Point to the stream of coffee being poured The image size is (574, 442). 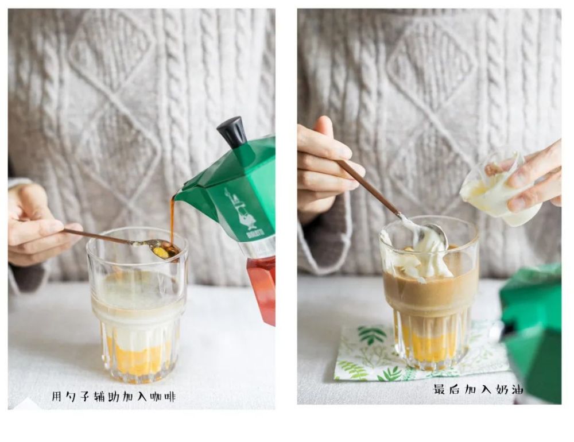[172, 220]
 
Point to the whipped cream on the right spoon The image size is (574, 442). [428, 238]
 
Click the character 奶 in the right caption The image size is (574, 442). [501, 389]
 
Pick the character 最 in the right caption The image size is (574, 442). [440, 389]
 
